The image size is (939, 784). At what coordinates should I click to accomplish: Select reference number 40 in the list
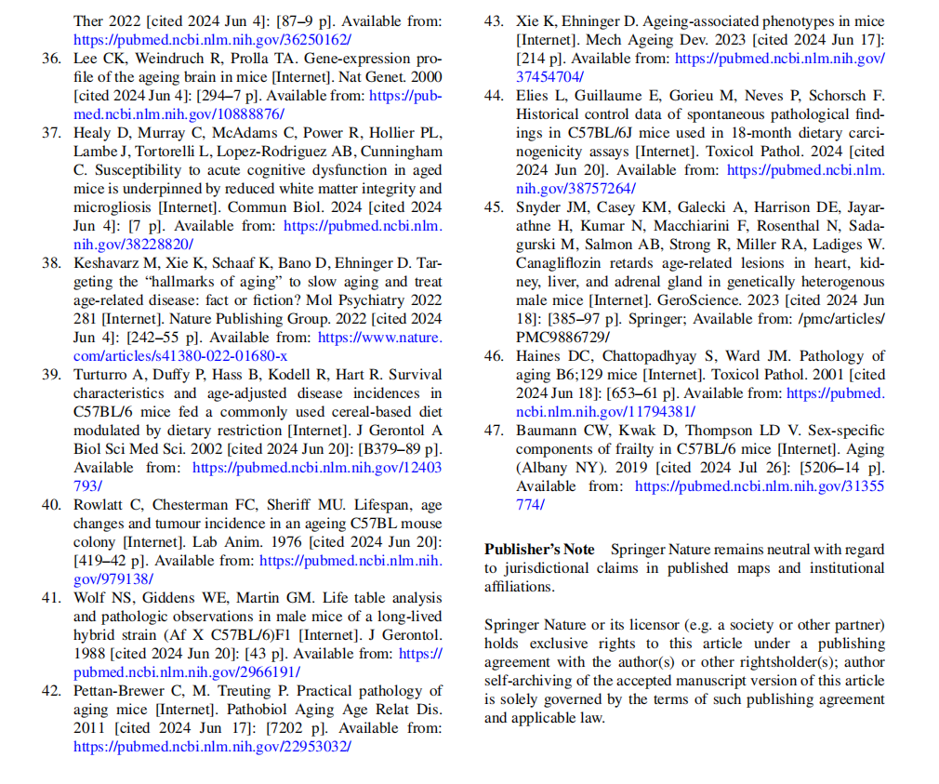52,506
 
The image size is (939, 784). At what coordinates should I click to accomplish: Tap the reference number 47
495,431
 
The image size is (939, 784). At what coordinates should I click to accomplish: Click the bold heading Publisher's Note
539,550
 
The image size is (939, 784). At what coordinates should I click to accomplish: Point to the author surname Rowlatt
100,506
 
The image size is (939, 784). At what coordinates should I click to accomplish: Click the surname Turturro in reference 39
103,375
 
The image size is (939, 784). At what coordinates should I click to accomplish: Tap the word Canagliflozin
562,262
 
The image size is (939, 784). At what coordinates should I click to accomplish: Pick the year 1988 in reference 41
91,655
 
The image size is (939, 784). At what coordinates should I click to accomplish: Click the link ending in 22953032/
212,747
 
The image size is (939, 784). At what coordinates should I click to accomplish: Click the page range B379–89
381,449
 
